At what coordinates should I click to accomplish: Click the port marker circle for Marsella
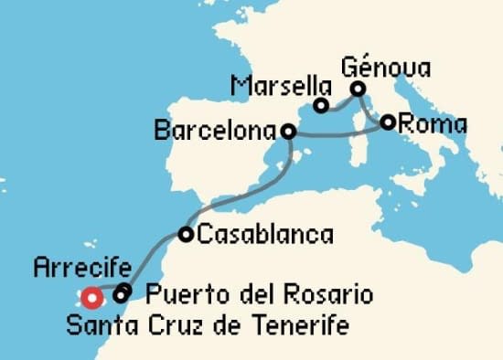pos(321,106)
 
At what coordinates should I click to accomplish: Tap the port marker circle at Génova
pos(359,89)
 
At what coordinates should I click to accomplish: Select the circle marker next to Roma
pos(389,122)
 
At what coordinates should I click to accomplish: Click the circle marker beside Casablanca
pos(186,235)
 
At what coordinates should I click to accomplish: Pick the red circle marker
pos(91,297)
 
